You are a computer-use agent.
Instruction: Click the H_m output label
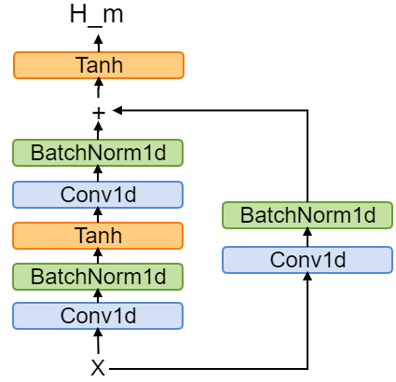click(97, 14)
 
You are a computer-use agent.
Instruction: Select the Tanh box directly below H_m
click(98, 65)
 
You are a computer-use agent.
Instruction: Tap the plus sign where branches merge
click(98, 112)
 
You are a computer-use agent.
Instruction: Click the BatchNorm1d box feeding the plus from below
click(98, 153)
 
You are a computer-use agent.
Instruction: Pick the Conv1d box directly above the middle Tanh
click(98, 194)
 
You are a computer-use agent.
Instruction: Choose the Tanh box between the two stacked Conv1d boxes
click(98, 235)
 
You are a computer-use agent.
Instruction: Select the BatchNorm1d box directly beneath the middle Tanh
click(98, 276)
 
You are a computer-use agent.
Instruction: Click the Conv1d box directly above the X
click(98, 316)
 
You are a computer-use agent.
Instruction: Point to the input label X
click(98, 368)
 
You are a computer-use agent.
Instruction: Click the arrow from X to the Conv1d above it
click(98, 342)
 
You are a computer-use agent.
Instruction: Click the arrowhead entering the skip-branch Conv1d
click(307, 279)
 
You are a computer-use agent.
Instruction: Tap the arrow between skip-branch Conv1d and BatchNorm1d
click(307, 238)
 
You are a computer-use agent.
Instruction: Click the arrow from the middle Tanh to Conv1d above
click(98, 214)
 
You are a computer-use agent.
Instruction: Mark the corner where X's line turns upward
click(307, 368)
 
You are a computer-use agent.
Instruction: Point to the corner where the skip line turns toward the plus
click(307, 111)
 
